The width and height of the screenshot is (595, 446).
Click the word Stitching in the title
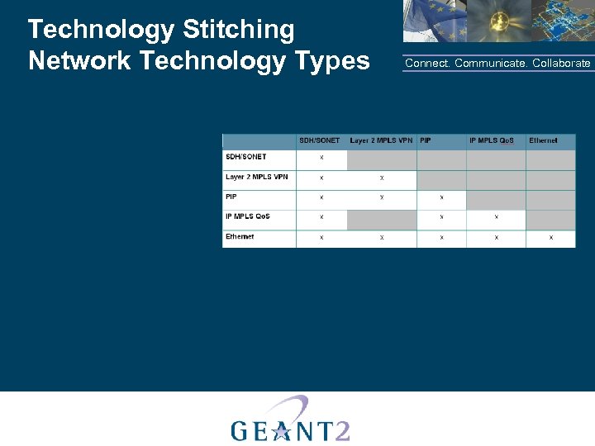(x=238, y=31)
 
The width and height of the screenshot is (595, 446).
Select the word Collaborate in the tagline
(x=561, y=64)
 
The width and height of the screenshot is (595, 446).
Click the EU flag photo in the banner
(x=434, y=20)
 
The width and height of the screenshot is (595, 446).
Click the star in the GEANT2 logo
(x=281, y=429)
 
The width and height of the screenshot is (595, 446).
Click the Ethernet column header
(x=543, y=140)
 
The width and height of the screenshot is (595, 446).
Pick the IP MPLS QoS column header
(x=492, y=140)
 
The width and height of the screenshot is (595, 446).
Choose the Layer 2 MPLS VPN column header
(x=381, y=140)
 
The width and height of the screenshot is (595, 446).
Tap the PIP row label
(x=231, y=197)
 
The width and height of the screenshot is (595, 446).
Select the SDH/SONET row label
(x=245, y=156)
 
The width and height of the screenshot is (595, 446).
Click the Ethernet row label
(x=240, y=236)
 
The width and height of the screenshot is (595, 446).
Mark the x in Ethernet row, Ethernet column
(x=550, y=238)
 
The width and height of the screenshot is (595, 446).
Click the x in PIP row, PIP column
(x=441, y=197)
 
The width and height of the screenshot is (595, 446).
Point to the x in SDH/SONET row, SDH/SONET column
(x=321, y=158)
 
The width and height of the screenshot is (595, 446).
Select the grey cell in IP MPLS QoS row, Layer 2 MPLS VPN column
(x=381, y=219)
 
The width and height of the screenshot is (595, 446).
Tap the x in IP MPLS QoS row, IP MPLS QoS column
(x=496, y=217)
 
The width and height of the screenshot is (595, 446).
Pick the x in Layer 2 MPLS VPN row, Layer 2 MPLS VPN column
(x=381, y=178)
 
